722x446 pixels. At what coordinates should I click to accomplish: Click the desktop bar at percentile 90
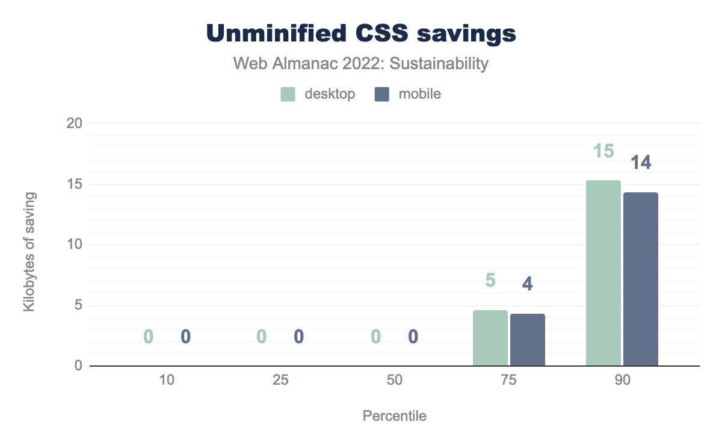pyautogui.click(x=603, y=273)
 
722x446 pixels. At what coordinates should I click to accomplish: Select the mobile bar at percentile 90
pyautogui.click(x=641, y=279)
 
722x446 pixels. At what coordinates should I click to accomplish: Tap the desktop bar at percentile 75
pyautogui.click(x=490, y=338)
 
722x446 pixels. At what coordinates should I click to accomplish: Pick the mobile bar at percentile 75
pyautogui.click(x=528, y=340)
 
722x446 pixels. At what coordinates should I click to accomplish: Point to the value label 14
pyautogui.click(x=641, y=162)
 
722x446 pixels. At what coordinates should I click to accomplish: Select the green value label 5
pyautogui.click(x=490, y=280)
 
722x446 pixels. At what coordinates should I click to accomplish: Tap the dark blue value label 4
pyautogui.click(x=528, y=283)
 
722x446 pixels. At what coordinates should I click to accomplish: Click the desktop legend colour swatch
pyautogui.click(x=288, y=94)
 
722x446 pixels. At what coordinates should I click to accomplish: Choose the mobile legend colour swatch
pyautogui.click(x=382, y=94)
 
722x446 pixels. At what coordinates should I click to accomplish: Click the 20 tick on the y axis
pyautogui.click(x=73, y=124)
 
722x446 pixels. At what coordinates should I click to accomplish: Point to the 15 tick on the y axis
pyautogui.click(x=73, y=185)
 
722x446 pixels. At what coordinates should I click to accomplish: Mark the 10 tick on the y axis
pyautogui.click(x=73, y=245)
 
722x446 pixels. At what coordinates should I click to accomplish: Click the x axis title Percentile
pyautogui.click(x=394, y=416)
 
